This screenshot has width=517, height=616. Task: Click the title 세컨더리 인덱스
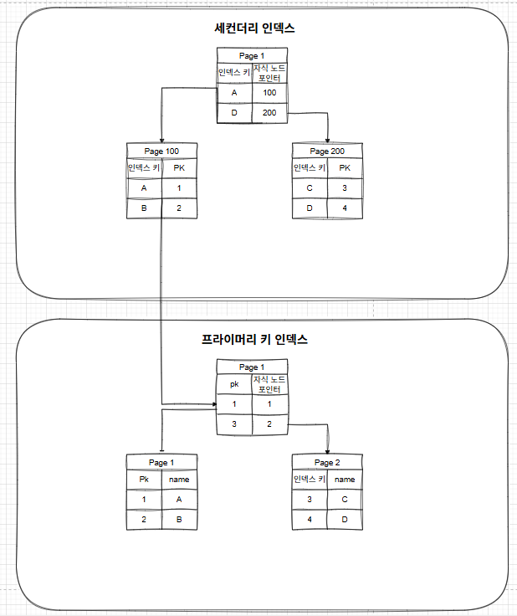pyautogui.click(x=254, y=28)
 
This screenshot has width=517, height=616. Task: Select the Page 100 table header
pyautogui.click(x=162, y=151)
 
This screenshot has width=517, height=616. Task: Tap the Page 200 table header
pyautogui.click(x=327, y=151)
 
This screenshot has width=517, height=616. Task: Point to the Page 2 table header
pyautogui.click(x=327, y=462)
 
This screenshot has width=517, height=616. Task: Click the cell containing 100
pyautogui.click(x=269, y=92)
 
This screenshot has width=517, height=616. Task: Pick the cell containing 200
pyautogui.click(x=269, y=112)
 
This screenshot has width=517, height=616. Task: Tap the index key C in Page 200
pyautogui.click(x=309, y=189)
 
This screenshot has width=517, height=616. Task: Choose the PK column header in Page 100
pyautogui.click(x=179, y=168)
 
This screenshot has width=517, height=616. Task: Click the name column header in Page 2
pyautogui.click(x=345, y=480)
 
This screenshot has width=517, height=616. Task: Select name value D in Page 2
pyautogui.click(x=345, y=520)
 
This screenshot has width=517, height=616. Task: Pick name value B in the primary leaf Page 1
pyautogui.click(x=179, y=520)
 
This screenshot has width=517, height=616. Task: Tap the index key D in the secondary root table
pyautogui.click(x=234, y=112)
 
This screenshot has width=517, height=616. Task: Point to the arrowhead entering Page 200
pyautogui.click(x=327, y=140)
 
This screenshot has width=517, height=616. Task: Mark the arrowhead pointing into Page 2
pyautogui.click(x=327, y=451)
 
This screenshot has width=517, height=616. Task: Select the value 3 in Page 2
pyautogui.click(x=309, y=500)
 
